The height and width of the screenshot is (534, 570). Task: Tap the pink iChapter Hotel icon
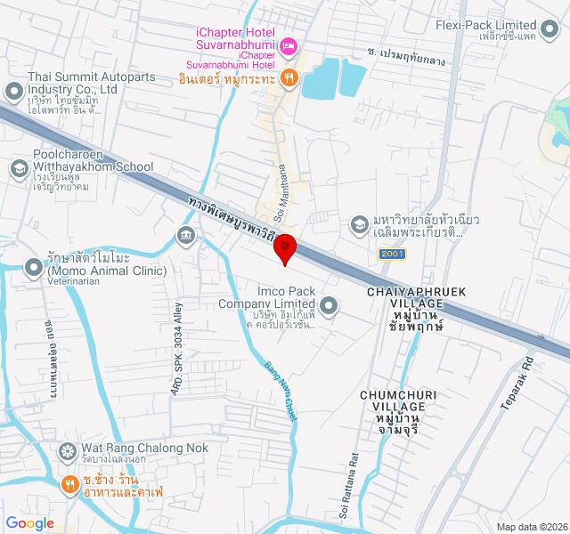tap(289, 45)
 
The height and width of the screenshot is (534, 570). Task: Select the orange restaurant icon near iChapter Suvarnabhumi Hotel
tap(289, 77)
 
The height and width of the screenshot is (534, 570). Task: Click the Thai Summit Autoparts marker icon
tap(13, 91)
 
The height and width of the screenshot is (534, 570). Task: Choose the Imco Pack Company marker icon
tap(330, 307)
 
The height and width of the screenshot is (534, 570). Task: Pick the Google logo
tap(29, 523)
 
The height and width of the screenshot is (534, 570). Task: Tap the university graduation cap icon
tap(359, 223)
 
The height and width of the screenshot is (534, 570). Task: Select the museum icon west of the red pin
tap(186, 235)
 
